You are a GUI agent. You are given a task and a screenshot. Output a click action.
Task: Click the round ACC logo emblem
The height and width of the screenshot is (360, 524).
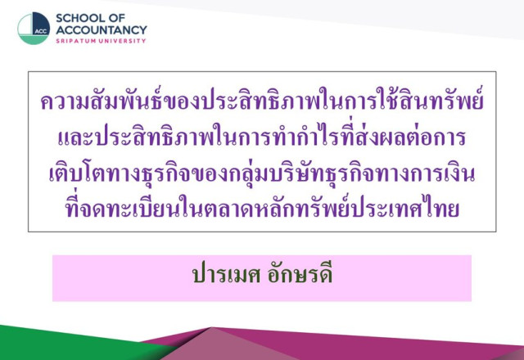tap(34, 29)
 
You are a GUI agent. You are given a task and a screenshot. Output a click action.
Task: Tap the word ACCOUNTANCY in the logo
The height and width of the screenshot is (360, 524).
tap(102, 30)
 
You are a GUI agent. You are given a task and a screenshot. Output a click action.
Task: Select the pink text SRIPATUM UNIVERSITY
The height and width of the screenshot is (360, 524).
tap(101, 41)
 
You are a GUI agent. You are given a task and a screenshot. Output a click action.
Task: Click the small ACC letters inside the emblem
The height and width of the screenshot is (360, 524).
tap(41, 32)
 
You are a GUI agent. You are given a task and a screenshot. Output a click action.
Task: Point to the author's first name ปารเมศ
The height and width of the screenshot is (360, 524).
tap(227, 275)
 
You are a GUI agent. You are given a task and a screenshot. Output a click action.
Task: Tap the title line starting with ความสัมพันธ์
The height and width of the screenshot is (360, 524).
tap(262, 99)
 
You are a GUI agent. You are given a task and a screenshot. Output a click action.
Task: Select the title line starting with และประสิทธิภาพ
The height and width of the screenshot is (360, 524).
tap(262, 137)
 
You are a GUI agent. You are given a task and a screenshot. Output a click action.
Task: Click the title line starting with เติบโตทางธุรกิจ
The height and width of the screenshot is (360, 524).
tap(262, 173)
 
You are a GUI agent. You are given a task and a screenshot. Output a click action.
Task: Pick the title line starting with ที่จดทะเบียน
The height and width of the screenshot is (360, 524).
tap(262, 207)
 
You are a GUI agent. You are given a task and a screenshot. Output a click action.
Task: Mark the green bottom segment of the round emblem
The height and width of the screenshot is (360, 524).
tap(34, 40)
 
